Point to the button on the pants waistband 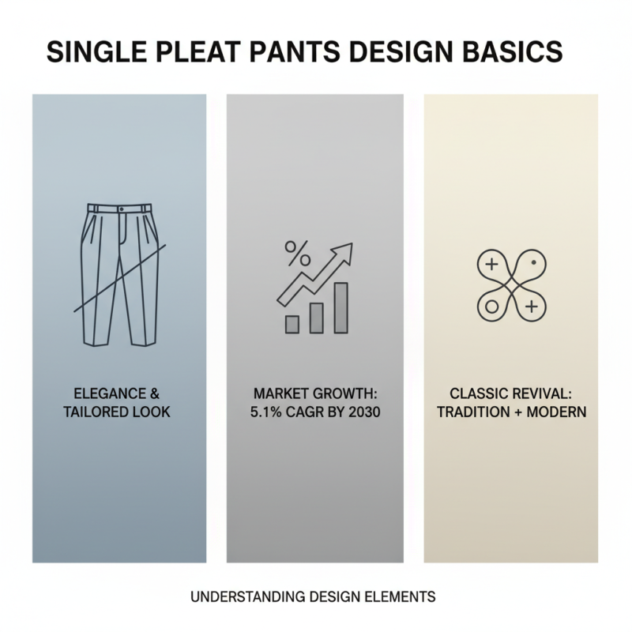[120, 208]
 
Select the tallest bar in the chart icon [341, 308]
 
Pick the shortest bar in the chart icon [292, 323]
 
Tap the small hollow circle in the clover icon [491, 304]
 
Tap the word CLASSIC [476, 393]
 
